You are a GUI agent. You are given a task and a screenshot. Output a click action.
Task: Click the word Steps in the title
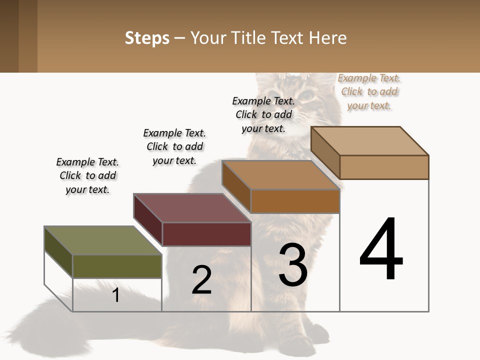tap(147, 38)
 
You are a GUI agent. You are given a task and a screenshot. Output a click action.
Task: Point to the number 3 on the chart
tap(293, 265)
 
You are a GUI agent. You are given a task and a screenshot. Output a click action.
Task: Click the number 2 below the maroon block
tap(201, 280)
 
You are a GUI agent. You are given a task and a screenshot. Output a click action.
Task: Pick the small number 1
tap(116, 295)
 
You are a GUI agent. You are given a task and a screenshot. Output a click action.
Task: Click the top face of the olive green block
tap(103, 240)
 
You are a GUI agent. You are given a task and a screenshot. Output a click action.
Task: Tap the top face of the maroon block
tap(192, 207)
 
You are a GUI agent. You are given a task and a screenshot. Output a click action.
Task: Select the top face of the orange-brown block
tap(280, 174)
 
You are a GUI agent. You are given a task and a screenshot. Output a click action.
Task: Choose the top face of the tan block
tap(370, 140)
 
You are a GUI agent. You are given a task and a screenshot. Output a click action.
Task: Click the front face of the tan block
tap(384, 167)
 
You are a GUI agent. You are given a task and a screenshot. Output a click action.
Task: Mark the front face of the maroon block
tap(206, 234)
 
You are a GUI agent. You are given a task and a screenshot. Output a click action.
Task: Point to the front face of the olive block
tap(117, 266)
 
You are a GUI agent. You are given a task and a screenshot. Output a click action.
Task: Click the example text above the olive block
tap(88, 175)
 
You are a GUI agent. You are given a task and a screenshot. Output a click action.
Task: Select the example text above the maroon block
tap(174, 146)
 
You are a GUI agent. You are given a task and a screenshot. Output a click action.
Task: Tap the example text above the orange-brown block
tap(263, 114)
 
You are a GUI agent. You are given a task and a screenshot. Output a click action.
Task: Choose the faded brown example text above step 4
tap(369, 91)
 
